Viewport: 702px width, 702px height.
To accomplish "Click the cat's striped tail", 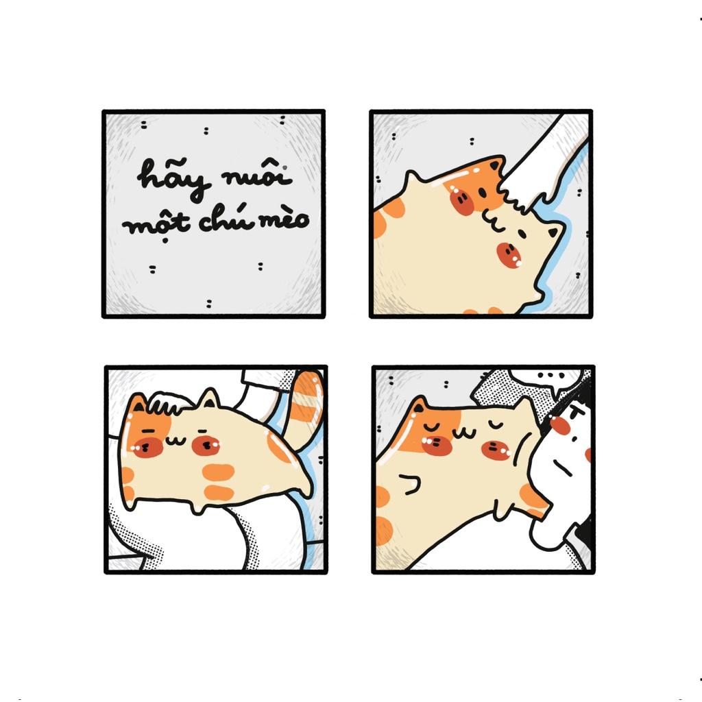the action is [305, 407].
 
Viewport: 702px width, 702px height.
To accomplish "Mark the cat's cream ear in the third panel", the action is [208, 398].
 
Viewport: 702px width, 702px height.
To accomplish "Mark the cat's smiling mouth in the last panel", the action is [464, 433].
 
